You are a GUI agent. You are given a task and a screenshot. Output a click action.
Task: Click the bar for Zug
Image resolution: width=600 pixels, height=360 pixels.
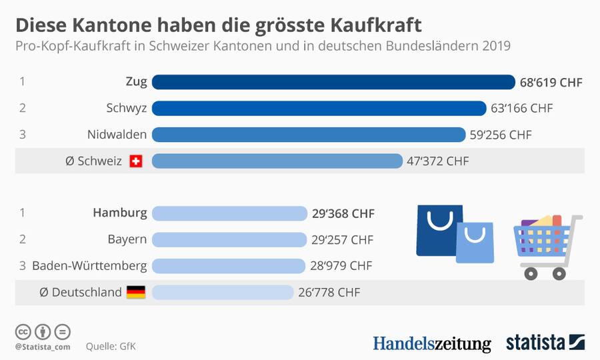tap(333, 82)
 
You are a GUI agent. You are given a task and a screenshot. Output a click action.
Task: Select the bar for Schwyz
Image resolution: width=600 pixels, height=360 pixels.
tap(319, 108)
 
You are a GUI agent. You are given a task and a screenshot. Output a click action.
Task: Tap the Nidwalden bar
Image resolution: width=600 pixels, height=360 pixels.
tap(308, 135)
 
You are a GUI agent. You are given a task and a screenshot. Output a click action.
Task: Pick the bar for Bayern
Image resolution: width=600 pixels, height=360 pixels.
tap(229, 239)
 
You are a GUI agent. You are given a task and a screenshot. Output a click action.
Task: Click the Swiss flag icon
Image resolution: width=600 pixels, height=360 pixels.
tap(136, 161)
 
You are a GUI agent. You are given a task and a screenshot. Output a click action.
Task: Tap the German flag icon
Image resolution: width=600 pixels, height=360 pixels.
tap(136, 292)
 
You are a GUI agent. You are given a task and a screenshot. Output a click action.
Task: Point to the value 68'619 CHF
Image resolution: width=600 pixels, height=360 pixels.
tap(551, 83)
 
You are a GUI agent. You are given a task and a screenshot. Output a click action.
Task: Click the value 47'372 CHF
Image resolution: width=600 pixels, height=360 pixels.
tap(437, 161)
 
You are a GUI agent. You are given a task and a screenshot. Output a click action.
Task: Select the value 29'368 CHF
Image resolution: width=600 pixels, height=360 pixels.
tap(343, 213)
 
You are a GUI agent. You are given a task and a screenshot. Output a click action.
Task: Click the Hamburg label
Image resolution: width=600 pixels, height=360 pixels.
tap(120, 213)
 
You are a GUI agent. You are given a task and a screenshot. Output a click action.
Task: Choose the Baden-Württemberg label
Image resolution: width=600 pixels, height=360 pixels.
tap(89, 265)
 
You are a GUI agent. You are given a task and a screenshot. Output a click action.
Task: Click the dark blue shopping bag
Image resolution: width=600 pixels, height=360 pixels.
tap(438, 231)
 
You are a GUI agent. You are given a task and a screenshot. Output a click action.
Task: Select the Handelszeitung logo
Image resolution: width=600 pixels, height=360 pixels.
tap(431, 343)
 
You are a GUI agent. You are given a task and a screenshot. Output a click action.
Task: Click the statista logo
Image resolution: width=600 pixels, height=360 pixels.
tap(545, 343)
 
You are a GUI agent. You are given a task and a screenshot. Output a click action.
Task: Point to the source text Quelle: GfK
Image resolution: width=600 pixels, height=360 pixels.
tap(111, 347)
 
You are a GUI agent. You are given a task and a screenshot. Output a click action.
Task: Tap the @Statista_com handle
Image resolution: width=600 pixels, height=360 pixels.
tap(43, 347)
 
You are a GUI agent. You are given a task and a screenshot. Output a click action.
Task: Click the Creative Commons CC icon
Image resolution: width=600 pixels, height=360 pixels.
tap(23, 331)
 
